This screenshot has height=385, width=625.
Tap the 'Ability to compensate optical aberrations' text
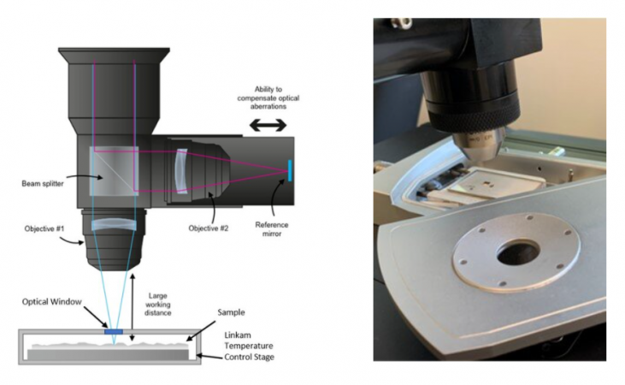pyautogui.click(x=269, y=99)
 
